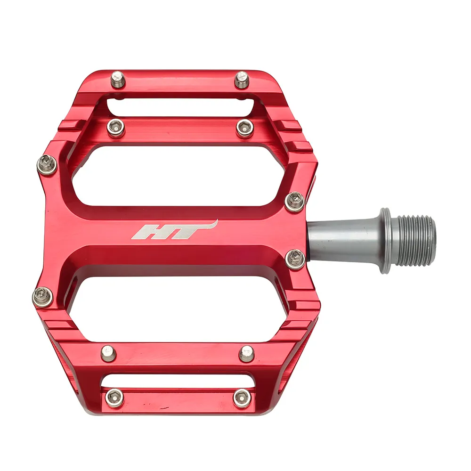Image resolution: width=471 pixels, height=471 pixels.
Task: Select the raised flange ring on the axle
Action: click(x=386, y=241)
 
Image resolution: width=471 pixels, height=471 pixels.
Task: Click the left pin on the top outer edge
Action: click(x=118, y=79)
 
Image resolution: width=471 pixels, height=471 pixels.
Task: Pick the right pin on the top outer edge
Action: click(x=242, y=79)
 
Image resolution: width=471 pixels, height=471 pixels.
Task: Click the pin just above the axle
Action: click(x=295, y=202)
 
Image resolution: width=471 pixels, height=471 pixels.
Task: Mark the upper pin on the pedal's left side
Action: click(x=47, y=164)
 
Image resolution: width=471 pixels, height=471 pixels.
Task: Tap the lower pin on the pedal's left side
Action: click(x=42, y=297)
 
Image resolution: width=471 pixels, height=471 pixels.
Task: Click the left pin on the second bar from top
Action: click(x=116, y=127)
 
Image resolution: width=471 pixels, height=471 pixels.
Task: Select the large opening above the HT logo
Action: click(x=179, y=174)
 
